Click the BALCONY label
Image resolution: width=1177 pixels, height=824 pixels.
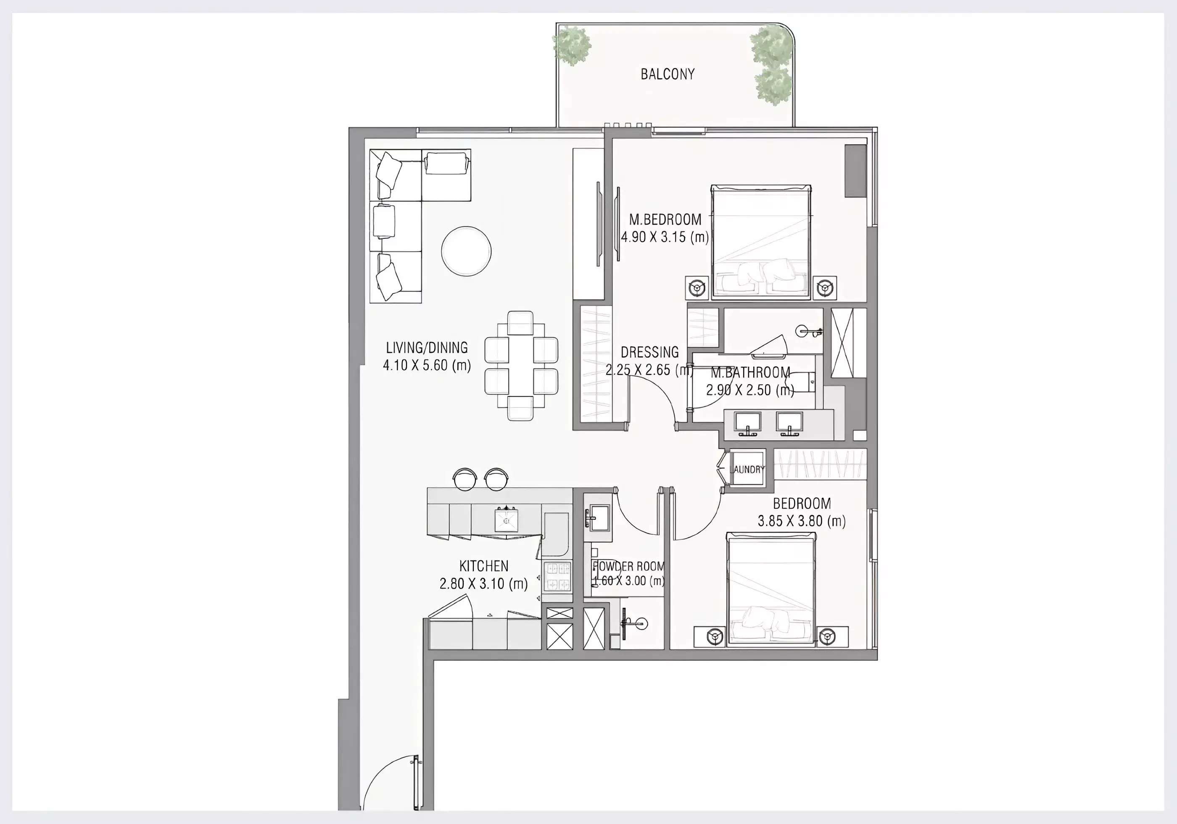[x=668, y=74]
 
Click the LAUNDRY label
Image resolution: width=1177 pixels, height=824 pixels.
[x=748, y=469]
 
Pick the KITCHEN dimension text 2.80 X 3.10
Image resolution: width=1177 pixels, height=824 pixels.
[x=483, y=584]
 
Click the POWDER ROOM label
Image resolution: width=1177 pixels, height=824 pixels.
[x=628, y=567]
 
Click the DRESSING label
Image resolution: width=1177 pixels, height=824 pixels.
[x=649, y=352]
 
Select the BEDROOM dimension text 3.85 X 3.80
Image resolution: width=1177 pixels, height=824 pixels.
[x=802, y=521]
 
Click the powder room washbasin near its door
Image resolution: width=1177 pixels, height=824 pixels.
[x=598, y=518]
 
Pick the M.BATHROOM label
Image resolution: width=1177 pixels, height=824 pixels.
[x=750, y=373]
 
